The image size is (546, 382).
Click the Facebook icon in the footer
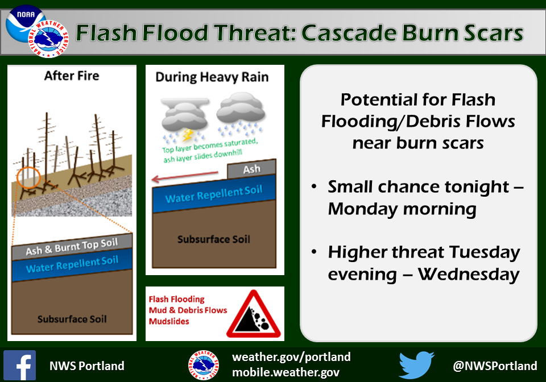pyautogui.click(x=19, y=366)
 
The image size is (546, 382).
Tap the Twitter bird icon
pyautogui.click(x=416, y=365)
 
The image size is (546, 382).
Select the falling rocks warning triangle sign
pyautogui.click(x=254, y=314)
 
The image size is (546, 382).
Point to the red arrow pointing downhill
pyautogui.click(x=185, y=176)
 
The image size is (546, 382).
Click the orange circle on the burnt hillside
pyautogui.click(x=29, y=177)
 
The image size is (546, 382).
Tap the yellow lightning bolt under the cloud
pyautogui.click(x=188, y=135)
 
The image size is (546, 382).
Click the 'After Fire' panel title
pyautogui.click(x=72, y=76)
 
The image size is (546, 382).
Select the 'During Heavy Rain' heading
pyautogui.click(x=212, y=77)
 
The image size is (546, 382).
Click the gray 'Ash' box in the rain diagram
pyautogui.click(x=251, y=169)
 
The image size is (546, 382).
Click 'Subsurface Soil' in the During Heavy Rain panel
pyautogui.click(x=214, y=239)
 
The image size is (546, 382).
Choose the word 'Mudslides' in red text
pyautogui.click(x=169, y=322)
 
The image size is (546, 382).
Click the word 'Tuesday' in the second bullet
pyautogui.click(x=485, y=253)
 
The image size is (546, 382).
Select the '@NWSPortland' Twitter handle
pyautogui.click(x=495, y=366)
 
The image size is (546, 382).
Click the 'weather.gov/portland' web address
pyautogui.click(x=291, y=357)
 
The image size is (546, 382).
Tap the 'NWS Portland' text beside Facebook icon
pyautogui.click(x=86, y=366)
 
